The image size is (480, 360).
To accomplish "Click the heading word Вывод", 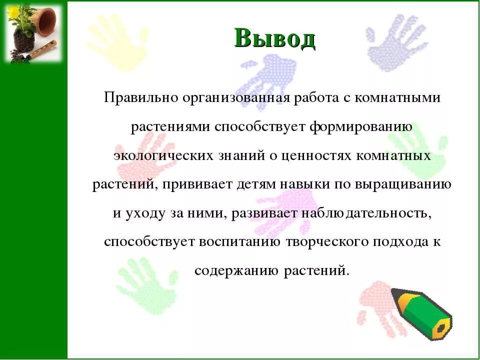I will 274,38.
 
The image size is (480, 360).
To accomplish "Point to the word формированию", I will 360,126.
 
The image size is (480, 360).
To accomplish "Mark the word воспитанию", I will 240,242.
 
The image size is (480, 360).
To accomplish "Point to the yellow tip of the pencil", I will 441,329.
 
